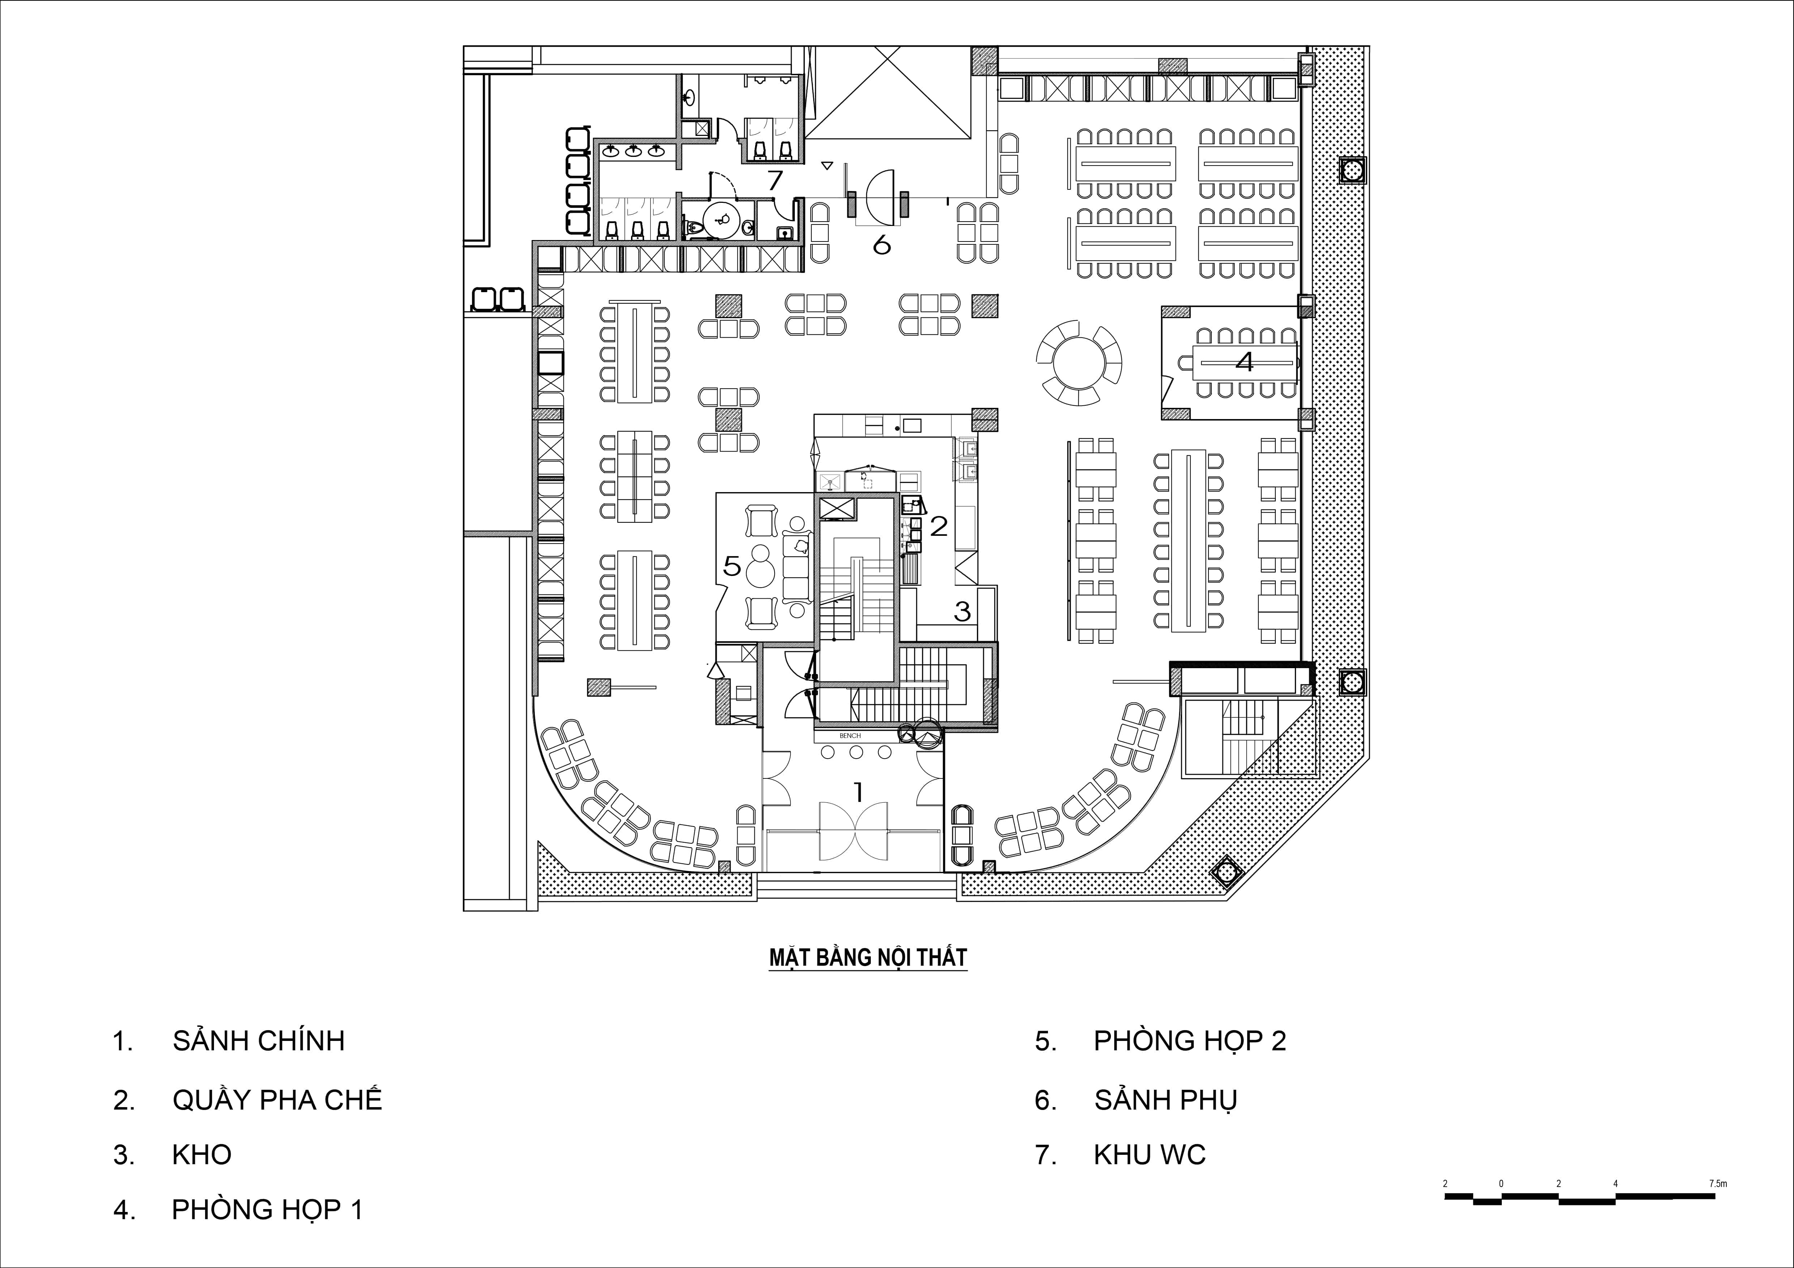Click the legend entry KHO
point(201,1155)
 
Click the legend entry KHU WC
point(1149,1155)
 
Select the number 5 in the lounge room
point(731,565)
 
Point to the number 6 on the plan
point(881,244)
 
